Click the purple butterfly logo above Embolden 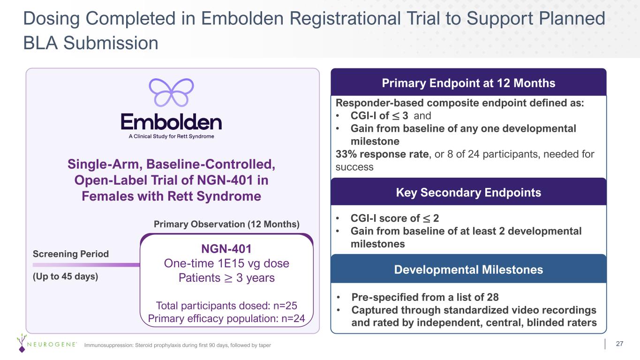(x=172, y=92)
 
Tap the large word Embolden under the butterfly (x=171, y=122)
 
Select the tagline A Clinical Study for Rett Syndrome (x=171, y=136)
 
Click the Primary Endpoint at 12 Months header (x=468, y=83)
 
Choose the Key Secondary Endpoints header (x=468, y=192)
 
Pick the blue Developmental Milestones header (x=468, y=270)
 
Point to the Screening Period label (x=71, y=254)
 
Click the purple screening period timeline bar (x=86, y=265)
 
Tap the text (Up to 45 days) (x=66, y=276)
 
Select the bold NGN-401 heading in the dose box (x=226, y=248)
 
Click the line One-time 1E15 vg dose (x=226, y=263)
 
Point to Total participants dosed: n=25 (x=226, y=306)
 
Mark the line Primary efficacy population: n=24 (x=226, y=318)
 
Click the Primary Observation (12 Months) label (x=226, y=224)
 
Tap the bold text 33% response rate (x=382, y=154)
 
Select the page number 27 (x=619, y=344)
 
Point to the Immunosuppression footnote (x=177, y=345)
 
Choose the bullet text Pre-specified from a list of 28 (x=425, y=297)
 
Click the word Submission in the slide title (x=111, y=43)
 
